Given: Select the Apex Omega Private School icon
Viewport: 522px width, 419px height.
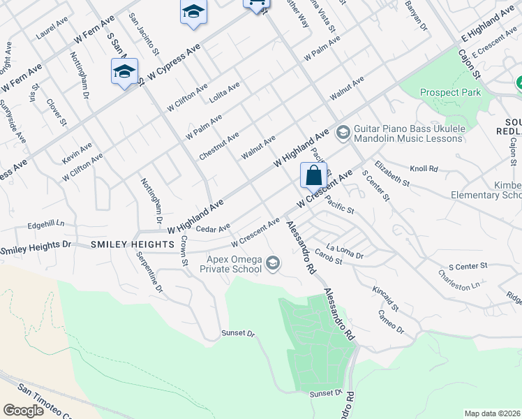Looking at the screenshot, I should [x=273, y=263].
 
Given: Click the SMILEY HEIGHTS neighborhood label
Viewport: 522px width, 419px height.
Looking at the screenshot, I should [x=132, y=244].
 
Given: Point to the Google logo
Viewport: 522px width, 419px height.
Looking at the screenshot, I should [x=23, y=411].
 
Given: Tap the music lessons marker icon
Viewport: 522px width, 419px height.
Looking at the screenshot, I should [x=343, y=132].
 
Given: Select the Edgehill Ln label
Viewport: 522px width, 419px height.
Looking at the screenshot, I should [x=45, y=224].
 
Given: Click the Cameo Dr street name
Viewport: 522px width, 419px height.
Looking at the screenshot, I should [x=391, y=321].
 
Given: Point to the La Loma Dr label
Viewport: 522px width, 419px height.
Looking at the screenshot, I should [x=349, y=252].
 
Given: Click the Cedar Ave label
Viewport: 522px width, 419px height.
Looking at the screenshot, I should [x=214, y=228].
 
